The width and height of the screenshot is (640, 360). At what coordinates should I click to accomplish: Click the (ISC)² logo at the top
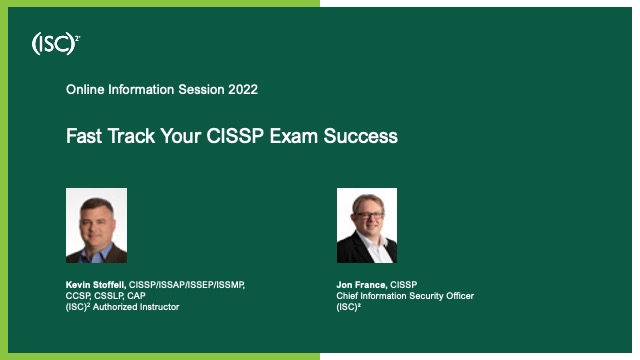[x=56, y=43]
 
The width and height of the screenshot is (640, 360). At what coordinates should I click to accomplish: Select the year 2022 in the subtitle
[x=242, y=90]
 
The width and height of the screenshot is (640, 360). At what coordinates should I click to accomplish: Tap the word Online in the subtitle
[x=86, y=90]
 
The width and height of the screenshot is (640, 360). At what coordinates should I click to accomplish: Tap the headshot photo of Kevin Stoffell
[x=96, y=225]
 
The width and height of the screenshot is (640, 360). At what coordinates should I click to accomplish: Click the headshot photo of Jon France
[x=366, y=225]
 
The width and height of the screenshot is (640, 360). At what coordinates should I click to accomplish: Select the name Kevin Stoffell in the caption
[x=95, y=285]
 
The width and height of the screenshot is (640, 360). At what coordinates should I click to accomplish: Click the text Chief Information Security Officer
[x=405, y=296]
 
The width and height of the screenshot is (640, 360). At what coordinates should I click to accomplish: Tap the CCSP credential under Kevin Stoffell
[x=79, y=296]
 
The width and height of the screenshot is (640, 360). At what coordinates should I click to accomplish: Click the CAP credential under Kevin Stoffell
[x=137, y=296]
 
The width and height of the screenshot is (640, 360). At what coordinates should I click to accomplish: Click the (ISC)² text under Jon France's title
[x=349, y=307]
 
